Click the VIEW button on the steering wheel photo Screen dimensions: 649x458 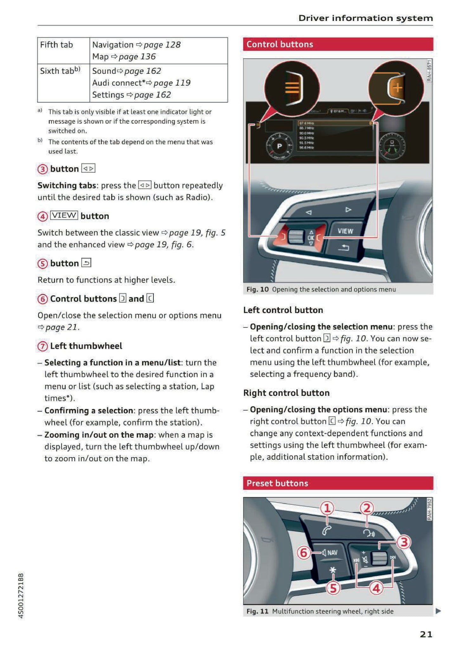345,231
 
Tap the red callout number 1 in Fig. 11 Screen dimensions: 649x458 327,508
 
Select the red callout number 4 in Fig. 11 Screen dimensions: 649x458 376,589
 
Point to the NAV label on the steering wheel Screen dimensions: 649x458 332,553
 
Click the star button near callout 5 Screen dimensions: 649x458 332,570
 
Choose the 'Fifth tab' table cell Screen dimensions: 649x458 56,45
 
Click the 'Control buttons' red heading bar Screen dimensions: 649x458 338,44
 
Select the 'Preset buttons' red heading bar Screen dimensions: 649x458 338,483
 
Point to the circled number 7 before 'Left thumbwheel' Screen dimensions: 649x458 42,347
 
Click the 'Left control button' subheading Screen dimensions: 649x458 283,310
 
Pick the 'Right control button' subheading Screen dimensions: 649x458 286,393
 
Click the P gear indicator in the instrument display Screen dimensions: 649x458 279,146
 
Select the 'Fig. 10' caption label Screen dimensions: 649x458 257,290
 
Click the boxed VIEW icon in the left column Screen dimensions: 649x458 64,216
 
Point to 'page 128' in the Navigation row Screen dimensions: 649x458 162,45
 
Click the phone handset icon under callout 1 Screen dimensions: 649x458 327,530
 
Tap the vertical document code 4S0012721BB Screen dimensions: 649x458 21,595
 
